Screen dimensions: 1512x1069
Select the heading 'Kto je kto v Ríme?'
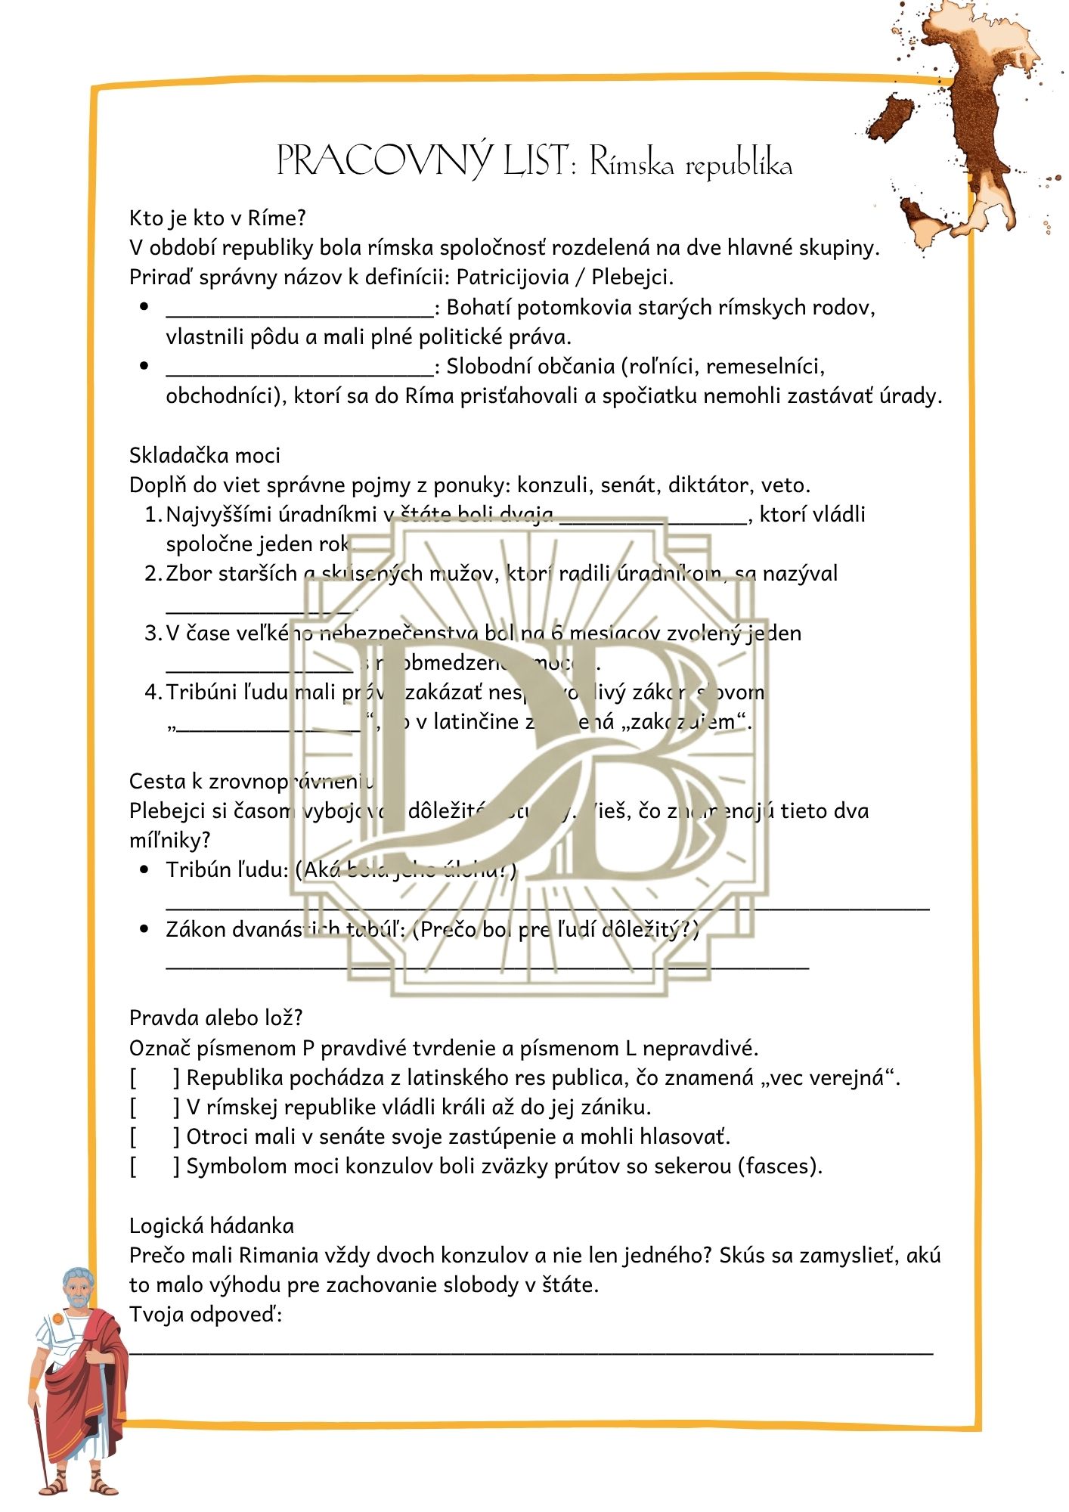point(218,218)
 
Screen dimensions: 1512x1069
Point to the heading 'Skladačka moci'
point(205,455)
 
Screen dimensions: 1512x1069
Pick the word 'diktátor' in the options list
point(689,485)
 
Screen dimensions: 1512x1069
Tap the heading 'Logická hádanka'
point(212,1225)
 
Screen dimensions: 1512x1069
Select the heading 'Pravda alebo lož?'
point(216,1018)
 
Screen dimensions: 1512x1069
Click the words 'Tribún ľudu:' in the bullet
point(228,870)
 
